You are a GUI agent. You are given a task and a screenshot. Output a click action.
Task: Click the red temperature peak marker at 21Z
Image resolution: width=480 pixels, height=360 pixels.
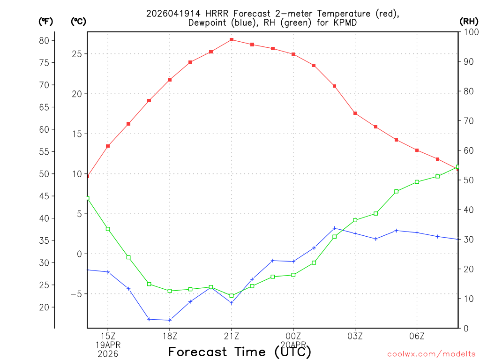coord(232,40)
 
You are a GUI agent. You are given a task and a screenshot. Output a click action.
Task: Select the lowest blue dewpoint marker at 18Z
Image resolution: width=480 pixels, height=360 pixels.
coord(170,320)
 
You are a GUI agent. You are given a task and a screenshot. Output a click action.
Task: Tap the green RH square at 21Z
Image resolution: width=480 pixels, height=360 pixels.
coord(232,296)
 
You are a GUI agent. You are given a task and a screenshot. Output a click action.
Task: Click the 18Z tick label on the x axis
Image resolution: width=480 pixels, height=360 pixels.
coord(170,336)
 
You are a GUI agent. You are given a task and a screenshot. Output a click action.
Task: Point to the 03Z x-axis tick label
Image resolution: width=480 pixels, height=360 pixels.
coord(355,336)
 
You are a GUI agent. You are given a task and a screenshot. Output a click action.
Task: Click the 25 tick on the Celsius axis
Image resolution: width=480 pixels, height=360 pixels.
coord(76,54)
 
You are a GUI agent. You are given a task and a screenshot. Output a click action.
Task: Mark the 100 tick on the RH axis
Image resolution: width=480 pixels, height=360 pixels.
coord(471,32)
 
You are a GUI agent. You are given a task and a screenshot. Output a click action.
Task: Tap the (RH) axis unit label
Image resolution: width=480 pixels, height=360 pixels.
coord(469,21)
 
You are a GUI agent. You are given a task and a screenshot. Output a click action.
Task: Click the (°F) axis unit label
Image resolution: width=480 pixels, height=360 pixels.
coord(46,21)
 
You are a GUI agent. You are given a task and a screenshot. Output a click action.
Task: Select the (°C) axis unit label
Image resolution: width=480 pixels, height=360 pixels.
coord(78,21)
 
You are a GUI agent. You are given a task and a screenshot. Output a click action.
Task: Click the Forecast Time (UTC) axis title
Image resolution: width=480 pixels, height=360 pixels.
coord(240,352)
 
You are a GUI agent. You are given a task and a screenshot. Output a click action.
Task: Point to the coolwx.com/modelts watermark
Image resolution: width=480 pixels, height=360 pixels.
coord(431,354)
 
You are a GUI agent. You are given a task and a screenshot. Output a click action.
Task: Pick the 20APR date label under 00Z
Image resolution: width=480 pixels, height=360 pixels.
coord(293,344)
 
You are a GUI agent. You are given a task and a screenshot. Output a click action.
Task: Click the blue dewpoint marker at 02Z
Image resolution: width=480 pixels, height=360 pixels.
coord(335,228)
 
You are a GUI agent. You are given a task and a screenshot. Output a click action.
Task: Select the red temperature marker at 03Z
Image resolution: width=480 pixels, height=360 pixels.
coord(355,113)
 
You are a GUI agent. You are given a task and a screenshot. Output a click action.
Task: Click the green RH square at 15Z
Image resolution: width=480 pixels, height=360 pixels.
coord(108,229)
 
